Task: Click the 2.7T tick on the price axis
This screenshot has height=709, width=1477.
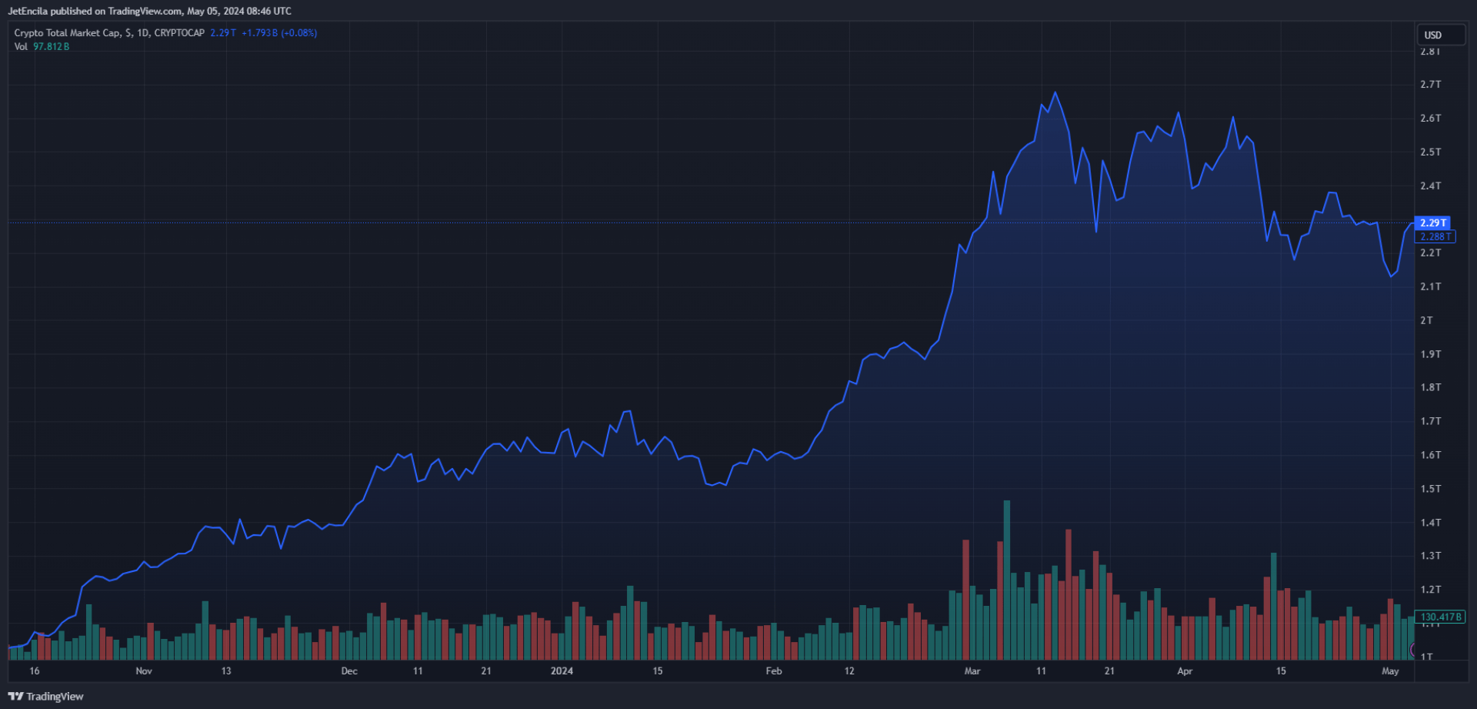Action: [x=1430, y=85]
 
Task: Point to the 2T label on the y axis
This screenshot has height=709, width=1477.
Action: [x=1426, y=320]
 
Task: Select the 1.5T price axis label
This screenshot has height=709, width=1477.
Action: [x=1430, y=489]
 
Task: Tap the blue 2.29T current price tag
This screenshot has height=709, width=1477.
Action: [x=1432, y=222]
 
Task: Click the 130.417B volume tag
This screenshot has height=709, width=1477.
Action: [x=1440, y=617]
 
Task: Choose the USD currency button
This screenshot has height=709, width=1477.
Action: [x=1432, y=35]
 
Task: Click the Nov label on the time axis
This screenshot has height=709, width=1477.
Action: [x=144, y=671]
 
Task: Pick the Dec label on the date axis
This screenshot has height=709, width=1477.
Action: [x=349, y=671]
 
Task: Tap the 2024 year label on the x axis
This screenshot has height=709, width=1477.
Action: [x=562, y=671]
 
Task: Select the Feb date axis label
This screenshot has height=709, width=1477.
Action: [x=774, y=671]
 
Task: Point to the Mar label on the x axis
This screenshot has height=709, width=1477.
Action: [x=972, y=671]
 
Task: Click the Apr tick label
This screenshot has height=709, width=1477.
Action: [x=1185, y=671]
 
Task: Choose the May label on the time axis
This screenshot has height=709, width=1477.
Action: [x=1390, y=671]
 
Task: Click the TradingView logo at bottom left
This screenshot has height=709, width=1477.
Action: [x=45, y=697]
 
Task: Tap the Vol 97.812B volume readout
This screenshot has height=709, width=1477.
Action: [x=42, y=47]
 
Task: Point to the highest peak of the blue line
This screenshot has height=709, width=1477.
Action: [x=1055, y=92]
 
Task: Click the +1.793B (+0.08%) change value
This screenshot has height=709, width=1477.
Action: [x=279, y=33]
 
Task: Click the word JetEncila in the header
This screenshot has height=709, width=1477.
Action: [x=28, y=12]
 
